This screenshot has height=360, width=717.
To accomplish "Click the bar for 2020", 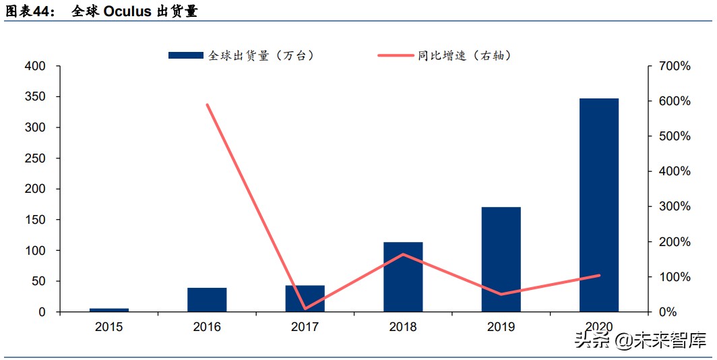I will coord(598,205).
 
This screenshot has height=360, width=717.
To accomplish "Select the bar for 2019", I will coord(501,259).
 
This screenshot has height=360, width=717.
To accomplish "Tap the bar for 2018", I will coord(403,276).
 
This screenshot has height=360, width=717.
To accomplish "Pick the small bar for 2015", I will coord(109,310).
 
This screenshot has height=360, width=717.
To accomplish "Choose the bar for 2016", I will coord(207,299).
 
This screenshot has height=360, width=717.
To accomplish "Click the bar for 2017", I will coord(305,298).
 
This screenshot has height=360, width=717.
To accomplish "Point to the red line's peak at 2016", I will coord(207,104).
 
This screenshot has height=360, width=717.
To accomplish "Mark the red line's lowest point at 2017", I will coord(305,308).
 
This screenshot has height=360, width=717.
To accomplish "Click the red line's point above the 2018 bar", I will coord(403,254).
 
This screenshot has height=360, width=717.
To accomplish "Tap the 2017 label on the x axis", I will coord(305,327).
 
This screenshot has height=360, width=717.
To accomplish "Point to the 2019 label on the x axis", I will coord(501,327).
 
